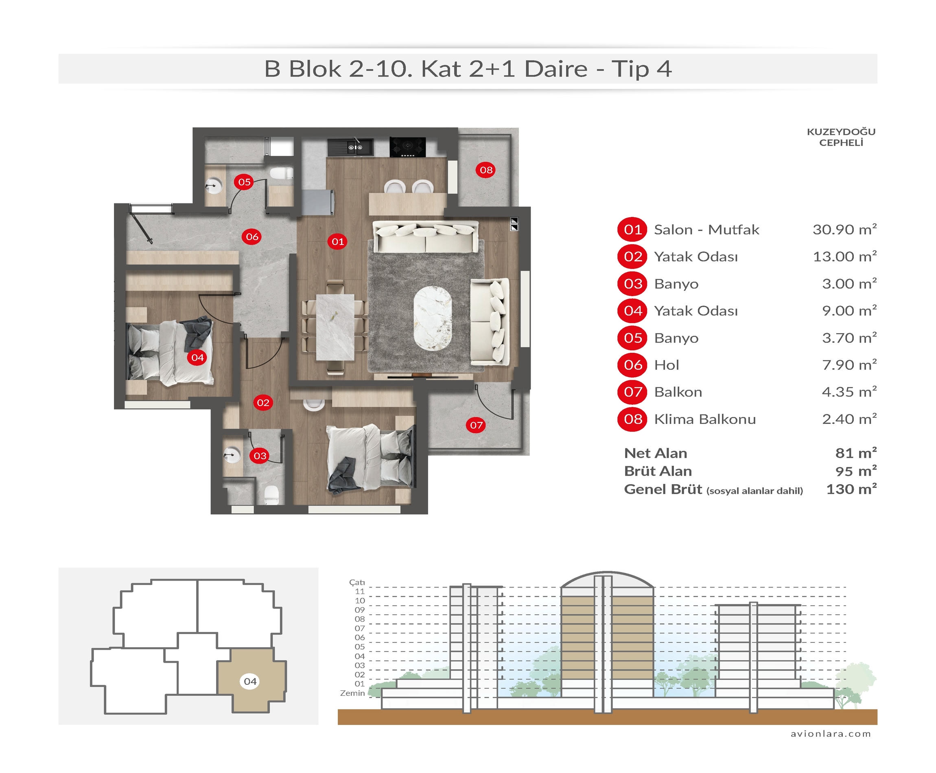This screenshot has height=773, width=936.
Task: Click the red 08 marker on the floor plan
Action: click(486, 170)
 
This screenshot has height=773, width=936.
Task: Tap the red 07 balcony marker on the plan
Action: click(476, 425)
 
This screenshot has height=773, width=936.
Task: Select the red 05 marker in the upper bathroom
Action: click(244, 182)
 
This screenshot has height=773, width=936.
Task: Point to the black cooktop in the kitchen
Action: click(407, 147)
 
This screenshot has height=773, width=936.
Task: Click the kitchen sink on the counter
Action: click(355, 147)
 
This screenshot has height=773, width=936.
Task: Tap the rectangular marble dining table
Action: click(335, 327)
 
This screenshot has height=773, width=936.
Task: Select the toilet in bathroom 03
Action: click(271, 495)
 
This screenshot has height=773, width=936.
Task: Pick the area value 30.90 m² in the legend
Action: click(844, 229)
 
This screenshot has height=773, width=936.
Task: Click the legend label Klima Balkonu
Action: click(705, 419)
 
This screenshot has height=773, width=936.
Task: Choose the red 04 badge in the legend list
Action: click(632, 310)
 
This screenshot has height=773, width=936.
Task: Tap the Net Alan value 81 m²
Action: click(856, 453)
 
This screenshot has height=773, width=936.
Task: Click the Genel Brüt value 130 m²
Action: click(851, 489)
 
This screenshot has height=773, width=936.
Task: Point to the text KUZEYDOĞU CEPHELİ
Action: click(841, 137)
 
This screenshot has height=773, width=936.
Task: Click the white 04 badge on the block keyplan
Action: click(250, 681)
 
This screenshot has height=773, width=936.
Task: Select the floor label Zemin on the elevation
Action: click(352, 693)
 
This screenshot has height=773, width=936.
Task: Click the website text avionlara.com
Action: click(831, 734)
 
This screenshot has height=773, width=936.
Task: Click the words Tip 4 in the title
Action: click(641, 69)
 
